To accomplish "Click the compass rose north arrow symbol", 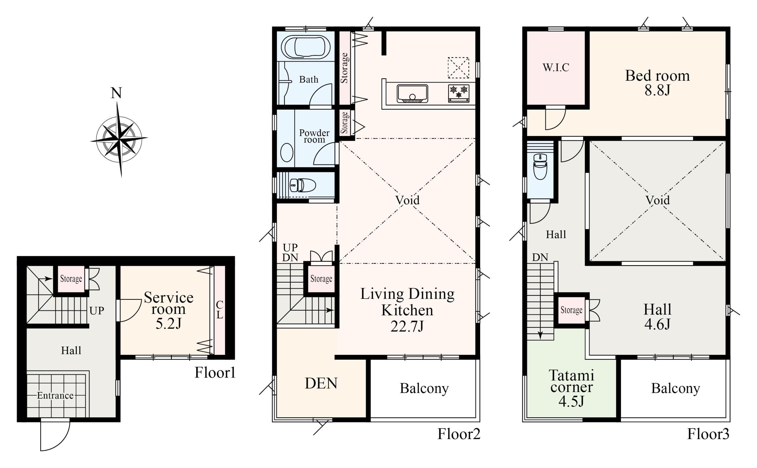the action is [x=119, y=139].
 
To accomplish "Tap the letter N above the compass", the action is [x=117, y=93].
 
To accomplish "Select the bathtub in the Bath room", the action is [x=305, y=47].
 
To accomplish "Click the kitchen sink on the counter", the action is [x=412, y=93].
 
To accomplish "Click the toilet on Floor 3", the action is [x=540, y=166].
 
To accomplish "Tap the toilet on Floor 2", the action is [x=303, y=185].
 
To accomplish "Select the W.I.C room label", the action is [x=556, y=67].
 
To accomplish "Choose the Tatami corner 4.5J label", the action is [x=572, y=388].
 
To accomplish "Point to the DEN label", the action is [x=321, y=383].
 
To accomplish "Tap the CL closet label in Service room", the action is [x=219, y=310].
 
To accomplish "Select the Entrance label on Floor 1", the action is [x=55, y=395].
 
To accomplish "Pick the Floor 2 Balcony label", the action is [x=424, y=388].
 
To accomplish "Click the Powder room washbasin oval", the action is [x=287, y=152].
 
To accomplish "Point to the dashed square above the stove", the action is [x=458, y=67].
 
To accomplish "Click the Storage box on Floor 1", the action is [x=71, y=278].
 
